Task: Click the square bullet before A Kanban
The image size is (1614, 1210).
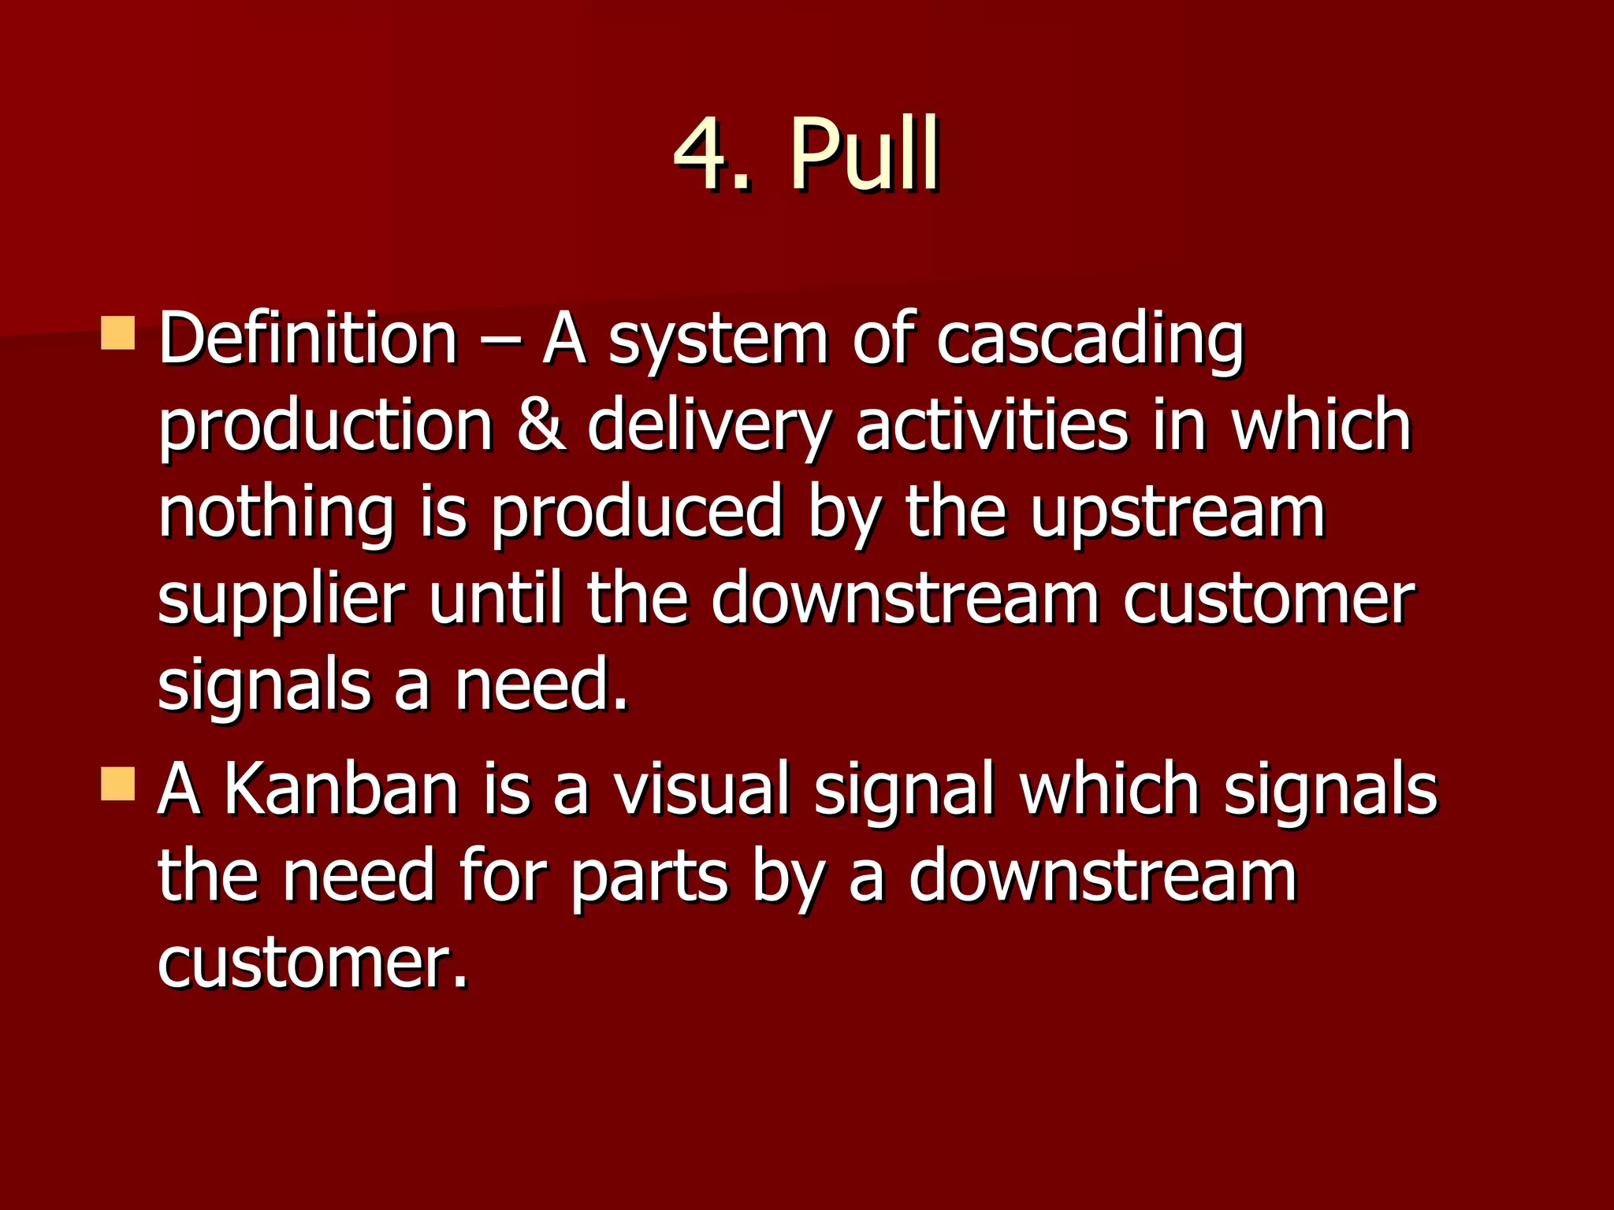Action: coord(118,784)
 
